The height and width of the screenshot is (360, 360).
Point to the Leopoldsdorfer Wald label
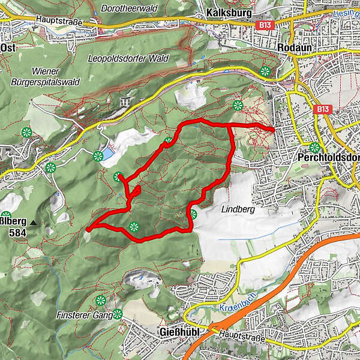click(137, 59)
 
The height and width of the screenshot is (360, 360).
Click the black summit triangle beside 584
click(33, 223)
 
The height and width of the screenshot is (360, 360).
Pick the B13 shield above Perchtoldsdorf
click(322, 109)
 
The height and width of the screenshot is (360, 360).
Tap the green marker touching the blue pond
click(98, 157)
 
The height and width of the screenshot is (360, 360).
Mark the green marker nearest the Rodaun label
click(265, 72)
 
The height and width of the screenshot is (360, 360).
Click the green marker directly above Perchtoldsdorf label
click(314, 147)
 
